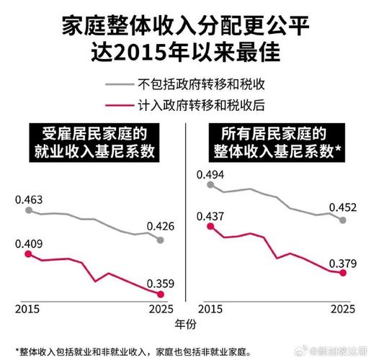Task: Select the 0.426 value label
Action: coord(160,226)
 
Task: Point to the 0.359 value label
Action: coord(160,282)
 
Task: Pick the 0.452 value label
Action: coord(343,208)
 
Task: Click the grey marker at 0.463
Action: coord(28,210)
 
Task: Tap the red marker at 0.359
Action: coord(161,294)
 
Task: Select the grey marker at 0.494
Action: coord(210,184)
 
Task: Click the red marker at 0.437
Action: coord(210,226)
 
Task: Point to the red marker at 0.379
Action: coord(344,273)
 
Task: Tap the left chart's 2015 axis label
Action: coord(28,308)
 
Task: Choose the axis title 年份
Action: coord(186,324)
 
